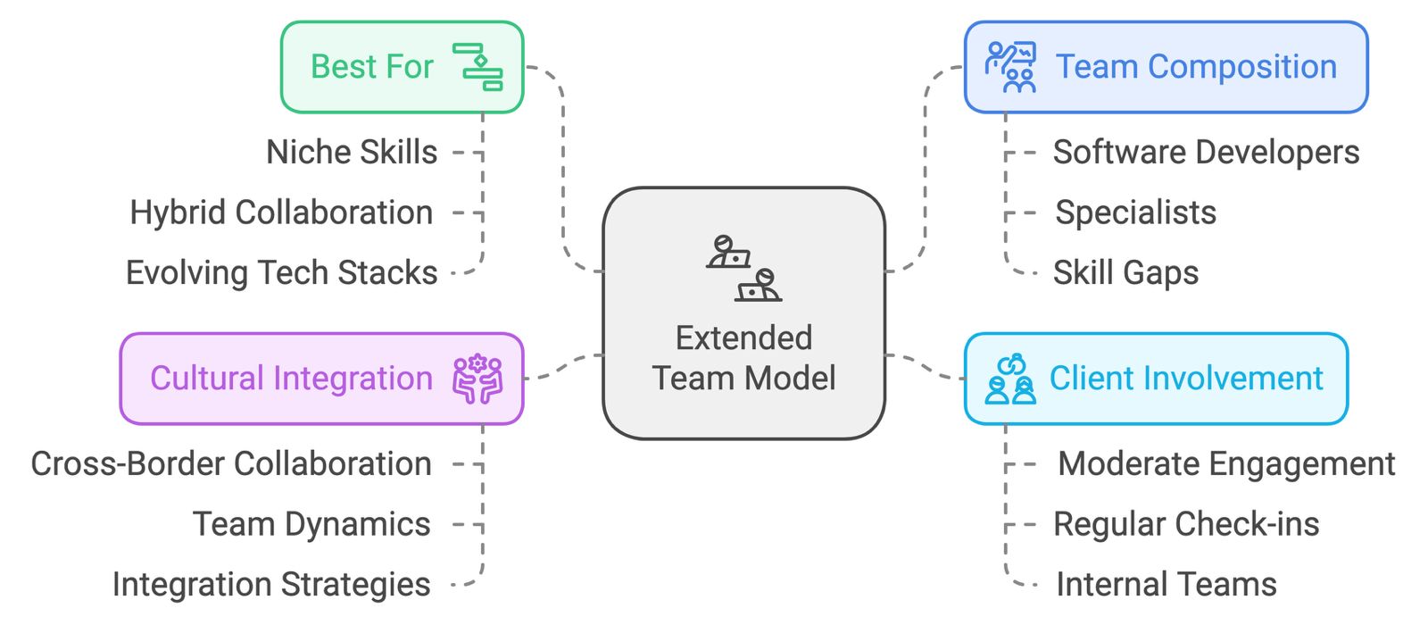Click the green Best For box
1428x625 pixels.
[402, 67]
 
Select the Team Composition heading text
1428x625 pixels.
[1195, 67]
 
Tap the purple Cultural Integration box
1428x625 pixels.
[321, 379]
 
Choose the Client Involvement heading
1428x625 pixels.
[1185, 379]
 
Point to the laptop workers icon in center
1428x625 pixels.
[743, 269]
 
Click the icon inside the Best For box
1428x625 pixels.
[477, 67]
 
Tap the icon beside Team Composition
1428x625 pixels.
[1010, 67]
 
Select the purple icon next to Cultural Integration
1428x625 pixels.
[477, 379]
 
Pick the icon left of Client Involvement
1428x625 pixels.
[1010, 379]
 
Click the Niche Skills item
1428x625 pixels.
[352, 153]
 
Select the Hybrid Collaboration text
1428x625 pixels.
[281, 213]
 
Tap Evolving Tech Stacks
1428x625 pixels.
[281, 273]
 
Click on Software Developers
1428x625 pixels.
[1205, 153]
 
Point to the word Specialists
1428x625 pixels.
[1135, 213]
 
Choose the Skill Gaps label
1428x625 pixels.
[1125, 273]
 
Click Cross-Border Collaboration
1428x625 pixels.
[231, 464]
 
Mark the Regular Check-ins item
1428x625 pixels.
[1185, 525]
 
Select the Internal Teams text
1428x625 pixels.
[1166, 585]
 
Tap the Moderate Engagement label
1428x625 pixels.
[1225, 464]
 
